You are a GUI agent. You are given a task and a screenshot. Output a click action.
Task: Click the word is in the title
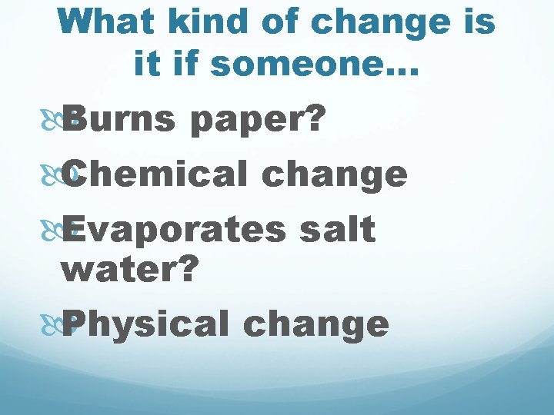[x=479, y=22]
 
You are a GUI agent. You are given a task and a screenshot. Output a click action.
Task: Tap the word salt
[x=339, y=228]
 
